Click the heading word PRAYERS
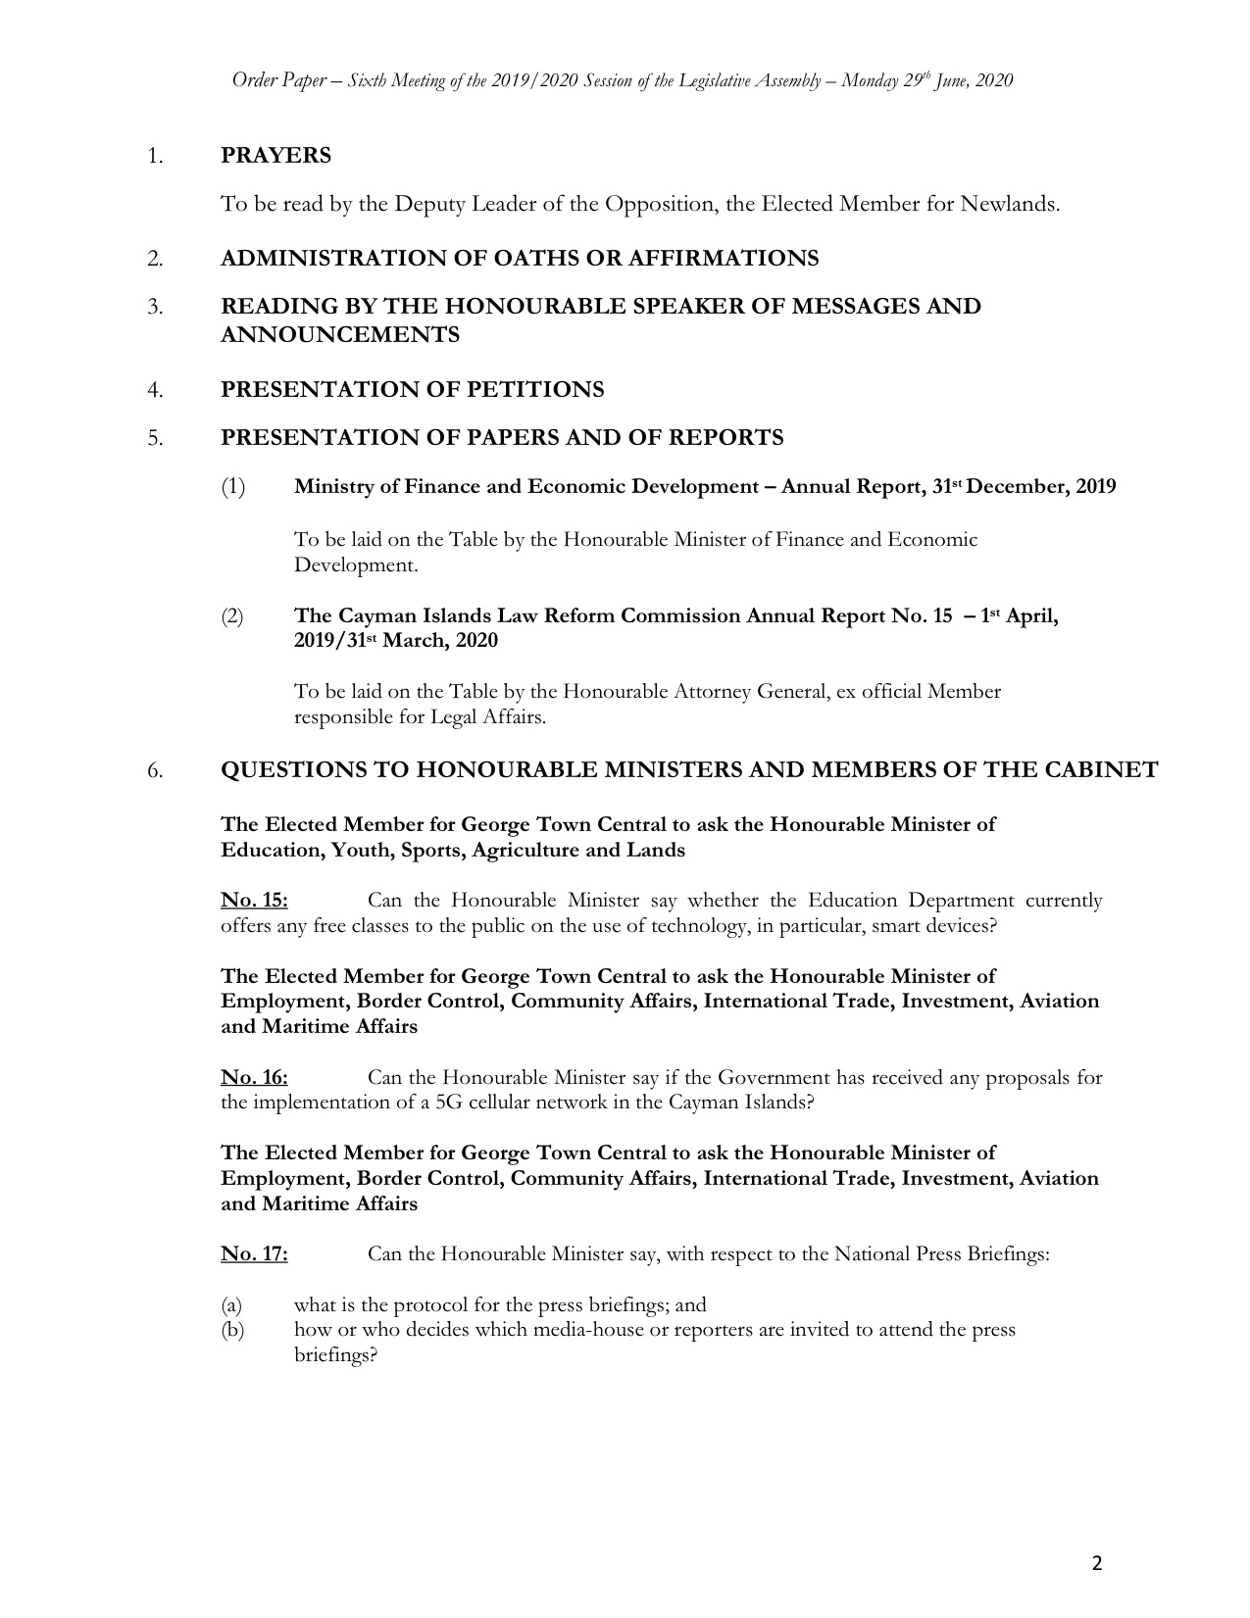pyautogui.click(x=275, y=156)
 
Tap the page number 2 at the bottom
pyautogui.click(x=1097, y=1563)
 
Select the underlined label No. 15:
pyautogui.click(x=254, y=901)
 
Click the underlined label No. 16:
pyautogui.click(x=254, y=1078)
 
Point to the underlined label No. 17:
pyautogui.click(x=254, y=1254)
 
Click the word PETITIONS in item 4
pyautogui.click(x=535, y=390)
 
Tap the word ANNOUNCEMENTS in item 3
pyautogui.click(x=340, y=335)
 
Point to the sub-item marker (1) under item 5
pyautogui.click(x=232, y=487)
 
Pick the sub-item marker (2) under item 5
pyautogui.click(x=232, y=616)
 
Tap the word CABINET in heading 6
pyautogui.click(x=1103, y=770)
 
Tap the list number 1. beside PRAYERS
pyautogui.click(x=154, y=156)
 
